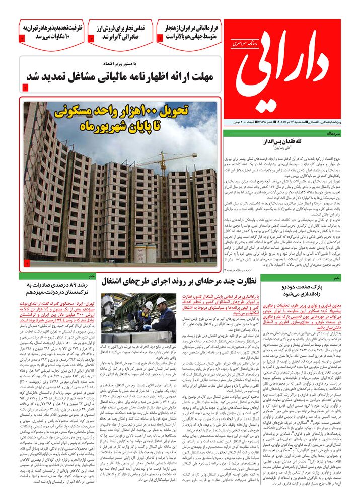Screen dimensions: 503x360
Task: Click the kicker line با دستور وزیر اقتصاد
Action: pos(146,65)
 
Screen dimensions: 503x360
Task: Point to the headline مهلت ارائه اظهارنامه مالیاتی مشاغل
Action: pos(120,78)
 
